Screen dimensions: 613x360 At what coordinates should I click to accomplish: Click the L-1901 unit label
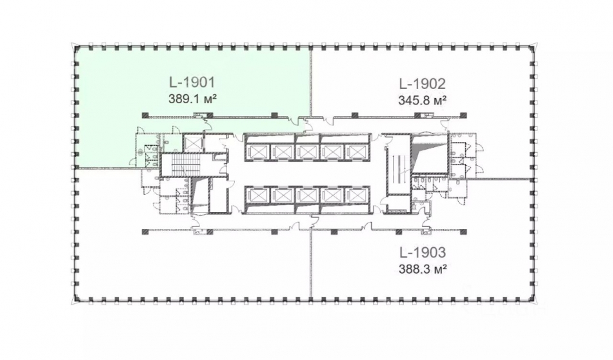click(192, 83)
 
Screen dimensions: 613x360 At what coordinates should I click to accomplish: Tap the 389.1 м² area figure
click(192, 99)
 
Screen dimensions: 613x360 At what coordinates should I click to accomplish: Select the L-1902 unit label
click(422, 84)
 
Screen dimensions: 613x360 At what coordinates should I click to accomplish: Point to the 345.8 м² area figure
click(422, 101)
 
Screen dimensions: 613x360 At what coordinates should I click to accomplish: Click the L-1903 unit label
click(423, 252)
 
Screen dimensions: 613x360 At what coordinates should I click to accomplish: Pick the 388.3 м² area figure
click(423, 269)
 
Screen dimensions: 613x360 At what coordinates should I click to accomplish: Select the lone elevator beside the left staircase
click(193, 144)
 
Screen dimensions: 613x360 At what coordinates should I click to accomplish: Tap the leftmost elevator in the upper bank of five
click(256, 152)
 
